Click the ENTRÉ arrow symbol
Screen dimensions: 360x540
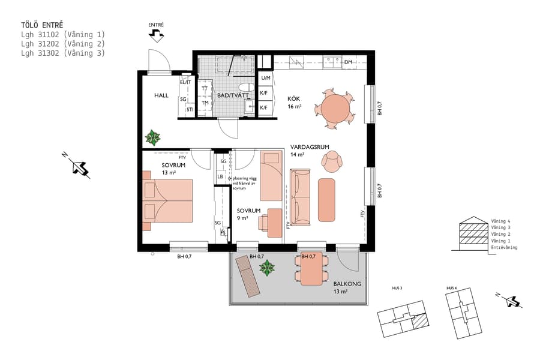click(156, 37)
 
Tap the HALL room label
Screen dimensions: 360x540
click(161, 95)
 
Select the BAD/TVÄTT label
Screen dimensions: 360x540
click(230, 95)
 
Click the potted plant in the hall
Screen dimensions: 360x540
click(153, 137)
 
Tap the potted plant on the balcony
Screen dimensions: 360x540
click(267, 268)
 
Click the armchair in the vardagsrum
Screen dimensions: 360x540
click(332, 160)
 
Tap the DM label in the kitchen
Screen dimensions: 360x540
click(348, 62)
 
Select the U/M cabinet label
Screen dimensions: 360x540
click(266, 78)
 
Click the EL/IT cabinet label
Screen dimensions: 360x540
click(185, 82)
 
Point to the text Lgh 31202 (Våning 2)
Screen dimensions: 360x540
click(63, 44)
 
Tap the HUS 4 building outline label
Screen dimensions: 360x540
click(452, 289)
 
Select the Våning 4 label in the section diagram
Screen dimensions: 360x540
click(501, 221)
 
